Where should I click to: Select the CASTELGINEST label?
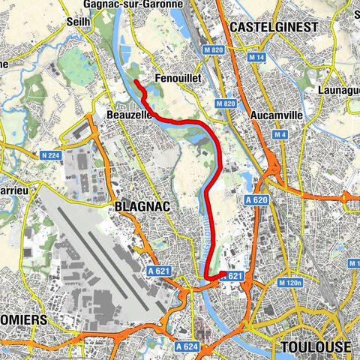coord(274,27)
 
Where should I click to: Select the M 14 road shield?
coord(259,58)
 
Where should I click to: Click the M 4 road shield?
coord(280,135)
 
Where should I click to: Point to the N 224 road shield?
coord(49,155)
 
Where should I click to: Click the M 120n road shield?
coord(289,283)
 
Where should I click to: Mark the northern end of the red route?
coord(135,82)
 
